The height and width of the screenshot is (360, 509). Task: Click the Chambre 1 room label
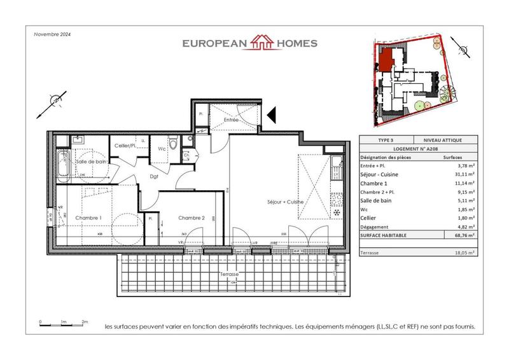(88, 218)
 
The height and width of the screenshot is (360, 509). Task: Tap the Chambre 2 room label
(191, 218)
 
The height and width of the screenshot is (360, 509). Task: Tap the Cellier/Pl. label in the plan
(126, 146)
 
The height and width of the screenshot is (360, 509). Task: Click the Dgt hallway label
(155, 177)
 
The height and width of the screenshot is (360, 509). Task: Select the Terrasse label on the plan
(230, 273)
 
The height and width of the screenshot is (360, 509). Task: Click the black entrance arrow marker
(270, 114)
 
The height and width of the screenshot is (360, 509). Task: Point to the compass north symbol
(55, 102)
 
